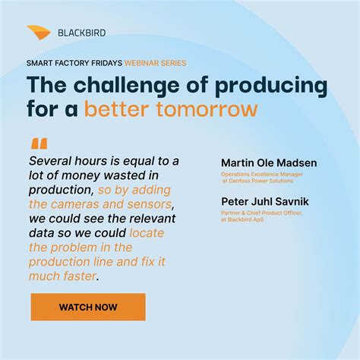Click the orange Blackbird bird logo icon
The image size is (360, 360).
pyautogui.click(x=39, y=32)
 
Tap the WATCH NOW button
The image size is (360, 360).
pyautogui.click(x=88, y=307)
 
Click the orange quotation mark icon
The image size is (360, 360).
pyautogui.click(x=39, y=144)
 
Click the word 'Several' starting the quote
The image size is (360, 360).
pyautogui.click(x=54, y=161)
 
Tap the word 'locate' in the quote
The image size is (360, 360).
pyautogui.click(x=147, y=233)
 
